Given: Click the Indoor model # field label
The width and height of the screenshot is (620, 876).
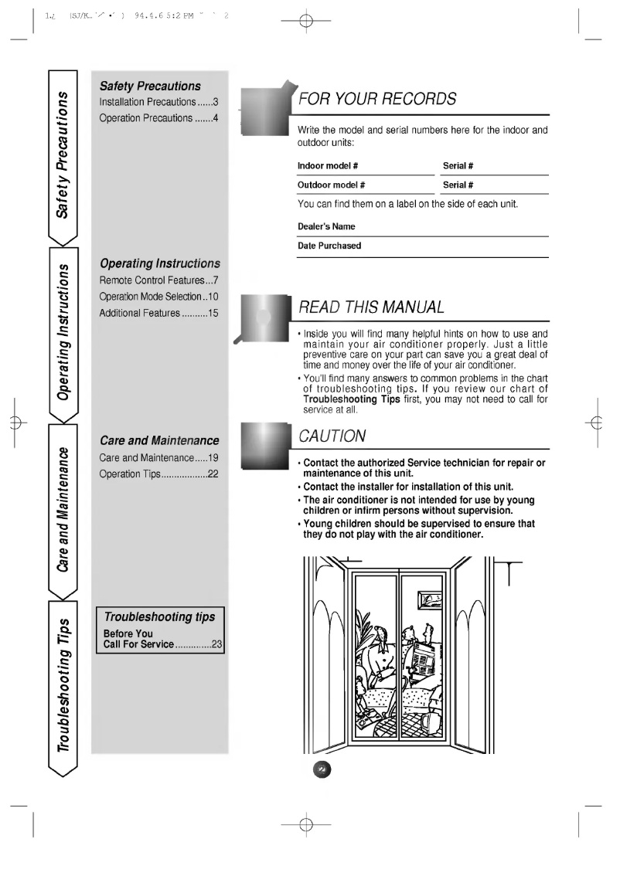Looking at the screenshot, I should (x=327, y=166).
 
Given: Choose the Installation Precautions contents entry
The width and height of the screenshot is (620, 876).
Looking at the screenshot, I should (x=160, y=101).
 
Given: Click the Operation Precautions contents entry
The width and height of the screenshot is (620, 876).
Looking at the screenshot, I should (x=160, y=118).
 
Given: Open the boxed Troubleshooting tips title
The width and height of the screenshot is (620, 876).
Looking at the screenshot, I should (x=160, y=618).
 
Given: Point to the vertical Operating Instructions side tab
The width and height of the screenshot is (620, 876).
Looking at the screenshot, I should (x=67, y=331).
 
